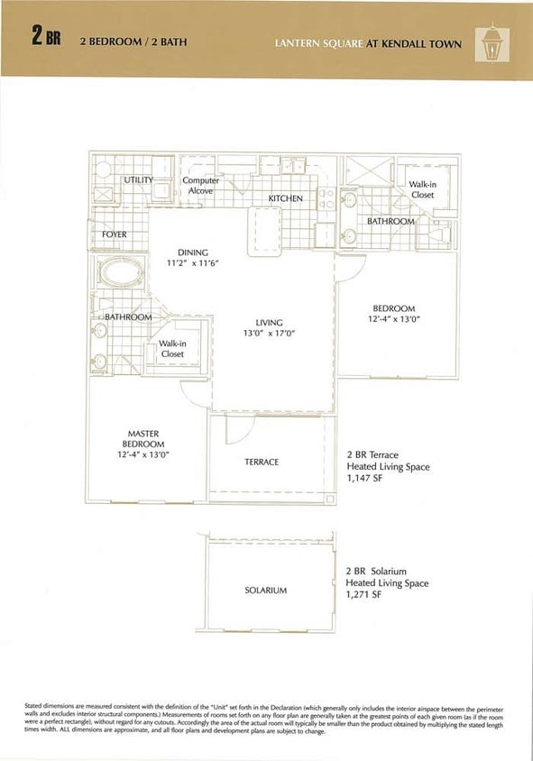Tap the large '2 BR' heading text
point(46,38)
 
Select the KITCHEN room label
point(285,198)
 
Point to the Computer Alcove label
point(201,186)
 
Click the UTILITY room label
point(138,180)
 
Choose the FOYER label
point(115,234)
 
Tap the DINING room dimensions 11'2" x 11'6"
point(193,263)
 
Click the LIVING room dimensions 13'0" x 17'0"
point(269,334)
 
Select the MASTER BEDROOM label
point(143,439)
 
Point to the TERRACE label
point(262,462)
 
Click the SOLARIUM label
point(265,591)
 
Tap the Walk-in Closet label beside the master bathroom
point(172,348)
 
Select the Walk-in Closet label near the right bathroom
point(422,189)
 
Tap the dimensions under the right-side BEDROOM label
point(394,319)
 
